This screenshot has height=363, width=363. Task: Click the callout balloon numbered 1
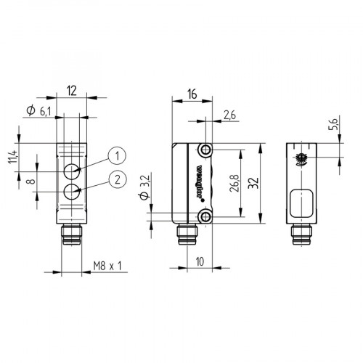point(117,154)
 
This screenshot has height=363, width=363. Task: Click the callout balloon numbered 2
point(117,179)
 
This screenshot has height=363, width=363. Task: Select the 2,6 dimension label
point(232,114)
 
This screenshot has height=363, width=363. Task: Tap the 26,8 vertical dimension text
point(233,183)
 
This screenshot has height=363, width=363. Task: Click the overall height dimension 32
point(252,183)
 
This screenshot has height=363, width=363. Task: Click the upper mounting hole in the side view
point(207,150)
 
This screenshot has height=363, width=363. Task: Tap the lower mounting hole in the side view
point(207,216)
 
